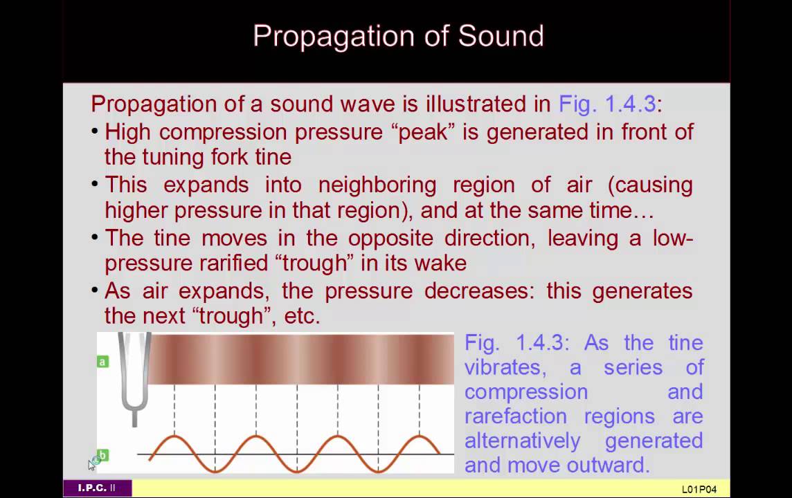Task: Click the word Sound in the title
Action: pos(501,36)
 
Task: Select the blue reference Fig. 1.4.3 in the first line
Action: pos(606,104)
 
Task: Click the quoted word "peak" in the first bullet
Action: pos(426,131)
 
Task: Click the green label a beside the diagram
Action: pos(102,361)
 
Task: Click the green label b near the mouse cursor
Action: pos(102,455)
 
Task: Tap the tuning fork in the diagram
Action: pos(134,373)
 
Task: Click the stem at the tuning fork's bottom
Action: pos(134,418)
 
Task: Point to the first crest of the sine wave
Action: pos(174,438)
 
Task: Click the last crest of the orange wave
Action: pos(420,438)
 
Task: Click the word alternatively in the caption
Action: pos(523,441)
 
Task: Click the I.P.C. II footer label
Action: pos(97,488)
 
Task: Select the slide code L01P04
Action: pos(699,489)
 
